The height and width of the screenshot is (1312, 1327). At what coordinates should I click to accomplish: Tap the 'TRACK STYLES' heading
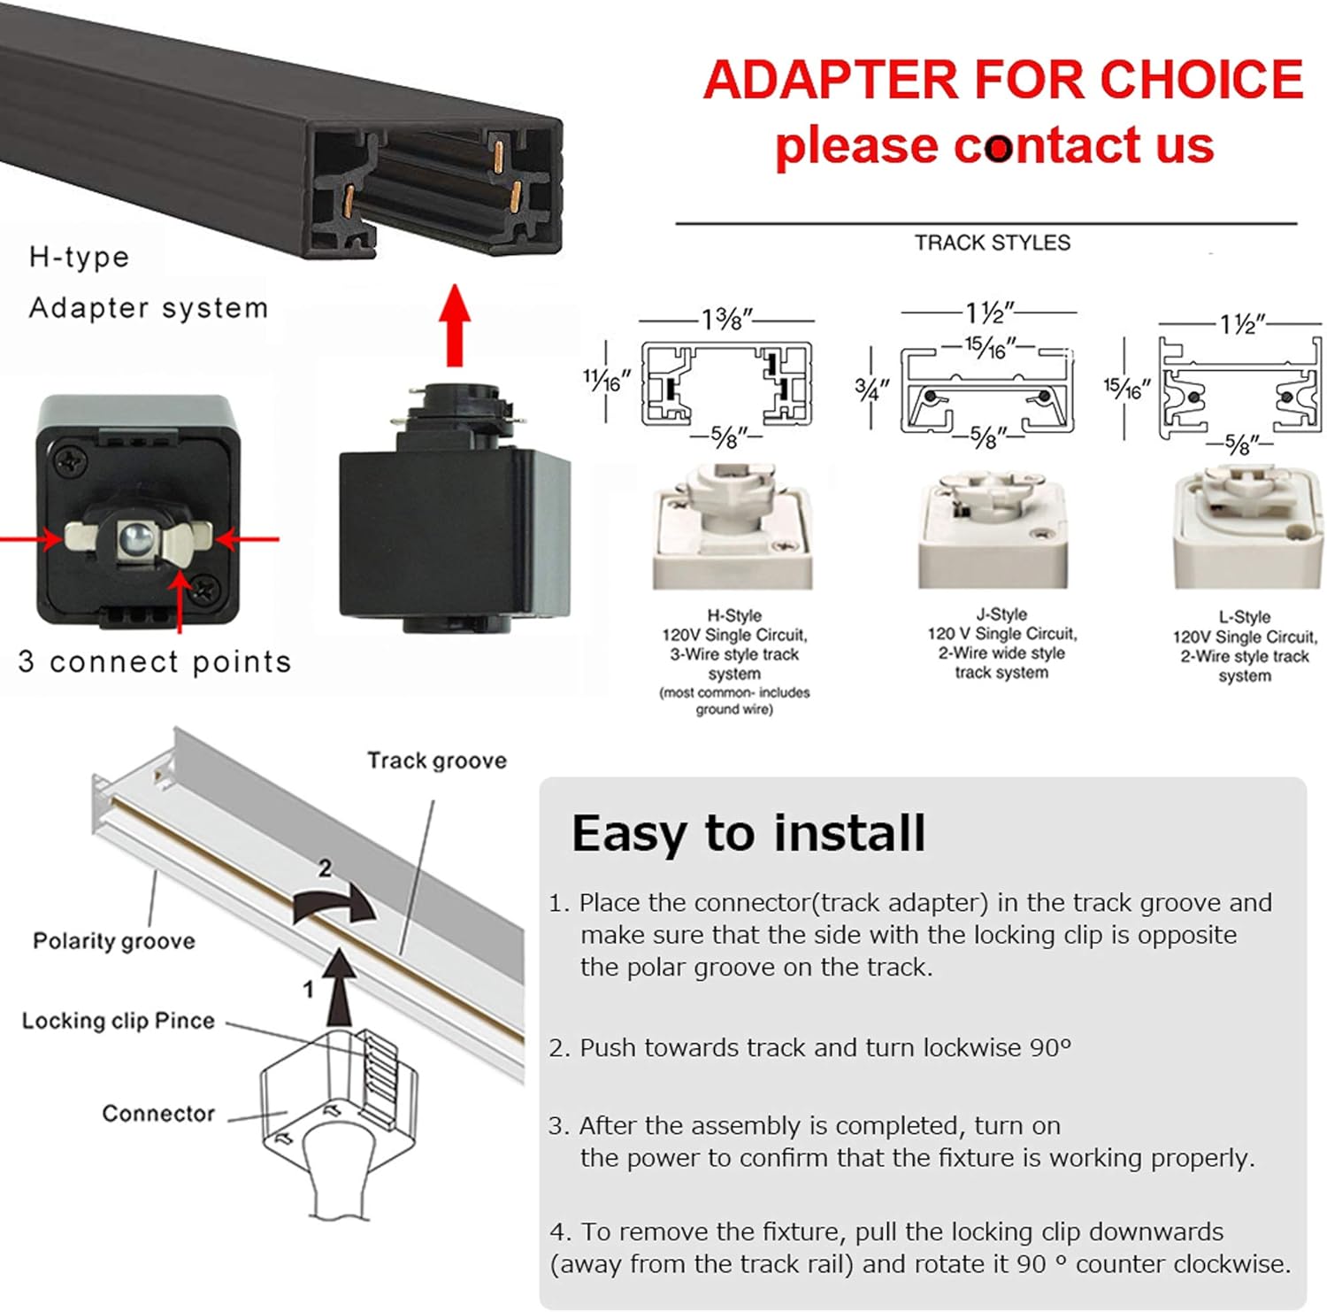pos(992,243)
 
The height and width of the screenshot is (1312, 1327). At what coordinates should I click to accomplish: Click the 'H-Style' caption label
pos(733,615)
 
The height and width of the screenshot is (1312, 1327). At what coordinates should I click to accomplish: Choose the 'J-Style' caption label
pos(1001,614)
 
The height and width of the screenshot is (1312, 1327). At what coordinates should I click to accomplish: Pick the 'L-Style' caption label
pos(1244,617)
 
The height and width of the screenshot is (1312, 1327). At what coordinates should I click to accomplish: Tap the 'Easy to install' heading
pos(748,833)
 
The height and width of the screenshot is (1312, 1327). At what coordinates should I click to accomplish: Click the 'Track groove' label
pos(437,760)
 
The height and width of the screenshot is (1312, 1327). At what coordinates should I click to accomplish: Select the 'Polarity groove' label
pos(114,940)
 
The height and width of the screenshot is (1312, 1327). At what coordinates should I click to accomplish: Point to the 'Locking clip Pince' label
pos(119,1021)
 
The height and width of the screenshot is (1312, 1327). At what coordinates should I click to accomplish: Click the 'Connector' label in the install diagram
pos(158,1113)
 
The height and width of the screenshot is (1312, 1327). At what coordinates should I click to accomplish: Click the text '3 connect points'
pos(155,661)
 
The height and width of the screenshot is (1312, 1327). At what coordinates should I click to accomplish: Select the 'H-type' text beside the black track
pos(80,257)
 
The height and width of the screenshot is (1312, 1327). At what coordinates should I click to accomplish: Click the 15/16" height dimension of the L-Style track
pos(1126,387)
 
